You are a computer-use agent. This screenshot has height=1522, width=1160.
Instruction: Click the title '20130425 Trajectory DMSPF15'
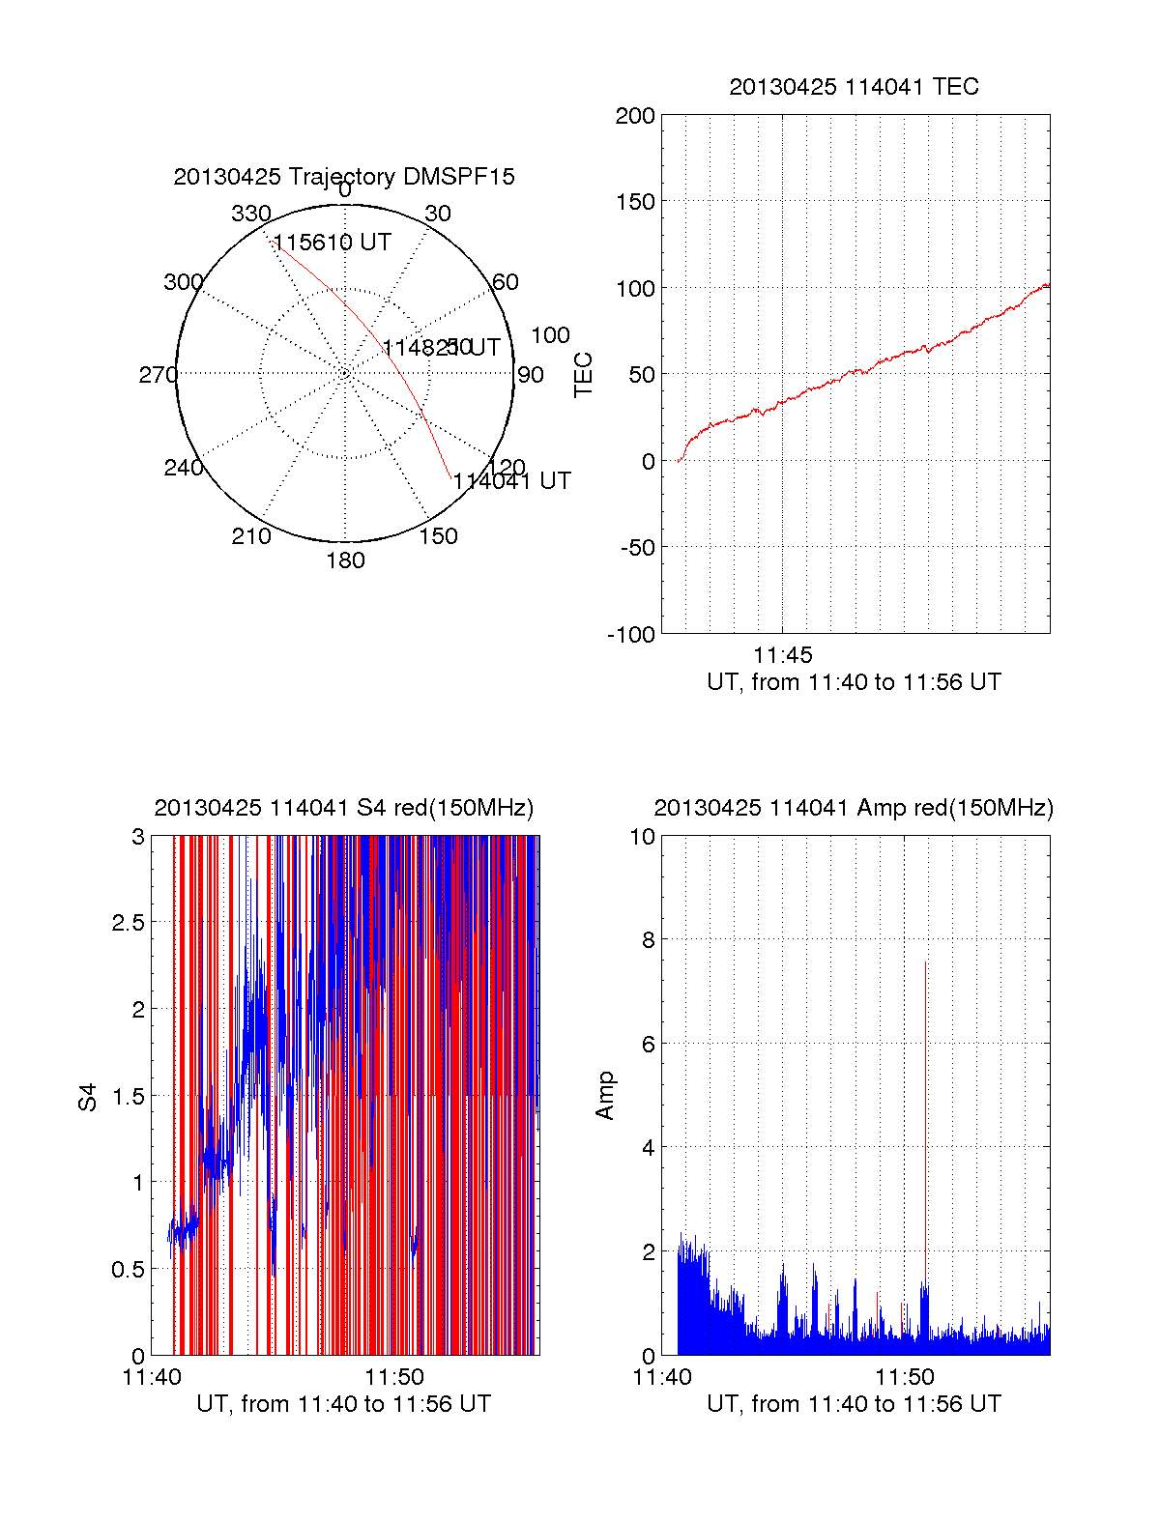click(344, 177)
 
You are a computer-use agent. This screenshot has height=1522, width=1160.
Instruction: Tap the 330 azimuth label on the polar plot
click(251, 214)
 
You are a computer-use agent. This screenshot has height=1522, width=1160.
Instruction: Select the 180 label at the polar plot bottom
click(345, 560)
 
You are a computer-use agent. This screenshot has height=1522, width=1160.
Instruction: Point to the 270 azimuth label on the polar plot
click(158, 375)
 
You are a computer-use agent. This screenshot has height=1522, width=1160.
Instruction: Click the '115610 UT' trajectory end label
click(333, 243)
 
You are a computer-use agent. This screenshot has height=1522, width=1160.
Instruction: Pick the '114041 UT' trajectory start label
click(512, 481)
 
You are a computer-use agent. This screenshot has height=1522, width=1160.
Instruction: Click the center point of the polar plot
click(345, 373)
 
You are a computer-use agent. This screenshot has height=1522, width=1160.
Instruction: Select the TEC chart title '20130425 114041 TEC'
click(854, 87)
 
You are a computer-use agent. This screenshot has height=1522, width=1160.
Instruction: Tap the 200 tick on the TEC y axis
click(635, 117)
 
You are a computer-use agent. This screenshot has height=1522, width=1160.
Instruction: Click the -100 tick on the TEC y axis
click(631, 635)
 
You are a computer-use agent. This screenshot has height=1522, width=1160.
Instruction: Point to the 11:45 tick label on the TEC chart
click(783, 655)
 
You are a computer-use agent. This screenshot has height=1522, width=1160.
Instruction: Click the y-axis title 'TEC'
click(584, 375)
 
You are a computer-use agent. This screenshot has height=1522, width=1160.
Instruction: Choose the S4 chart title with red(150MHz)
click(344, 808)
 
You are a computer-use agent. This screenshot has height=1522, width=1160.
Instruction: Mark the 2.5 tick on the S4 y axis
click(129, 923)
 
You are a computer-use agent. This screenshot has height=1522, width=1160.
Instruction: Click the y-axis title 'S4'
click(88, 1097)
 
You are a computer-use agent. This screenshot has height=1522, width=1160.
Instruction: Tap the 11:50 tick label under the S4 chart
click(394, 1377)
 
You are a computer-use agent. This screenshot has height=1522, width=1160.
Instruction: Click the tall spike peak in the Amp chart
click(925, 962)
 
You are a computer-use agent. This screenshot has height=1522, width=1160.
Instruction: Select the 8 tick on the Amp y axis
click(642, 940)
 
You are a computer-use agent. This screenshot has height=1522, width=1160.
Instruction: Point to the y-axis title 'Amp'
click(605, 1096)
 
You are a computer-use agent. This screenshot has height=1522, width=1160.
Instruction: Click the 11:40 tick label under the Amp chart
click(662, 1377)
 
